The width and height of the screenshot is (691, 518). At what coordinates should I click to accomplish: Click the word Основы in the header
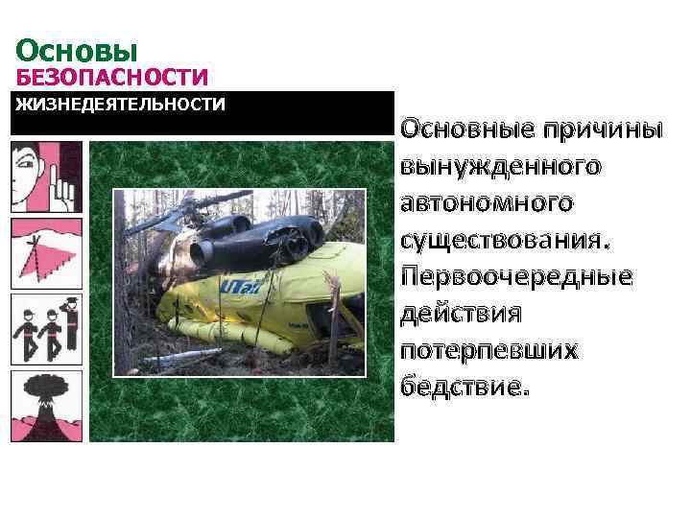[78, 50]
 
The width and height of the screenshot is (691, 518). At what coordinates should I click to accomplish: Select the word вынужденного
[501, 166]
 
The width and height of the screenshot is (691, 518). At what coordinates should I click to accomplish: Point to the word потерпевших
[489, 350]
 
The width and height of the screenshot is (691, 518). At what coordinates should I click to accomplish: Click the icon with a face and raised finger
[45, 177]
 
